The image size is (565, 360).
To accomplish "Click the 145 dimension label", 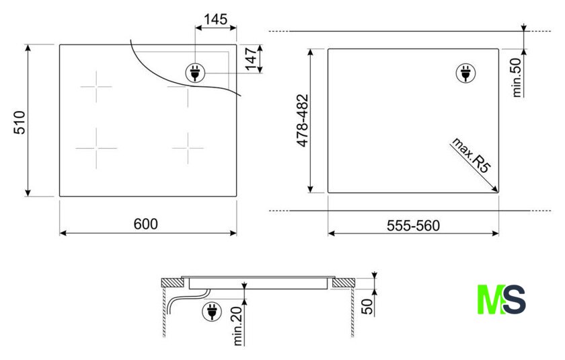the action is pos(215,19).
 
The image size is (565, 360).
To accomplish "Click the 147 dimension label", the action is pos(250,59).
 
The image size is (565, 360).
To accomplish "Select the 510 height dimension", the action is pos(20,123).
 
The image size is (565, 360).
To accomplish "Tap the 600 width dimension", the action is pos(145,224).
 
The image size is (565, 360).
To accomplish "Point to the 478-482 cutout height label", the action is pos(303,120).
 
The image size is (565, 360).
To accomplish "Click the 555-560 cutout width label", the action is pos(413,225).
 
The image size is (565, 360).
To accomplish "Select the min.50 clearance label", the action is pos(517,77).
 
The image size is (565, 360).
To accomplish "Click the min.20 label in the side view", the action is pos(238,326).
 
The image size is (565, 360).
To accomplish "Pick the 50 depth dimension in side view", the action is pos(367,307).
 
